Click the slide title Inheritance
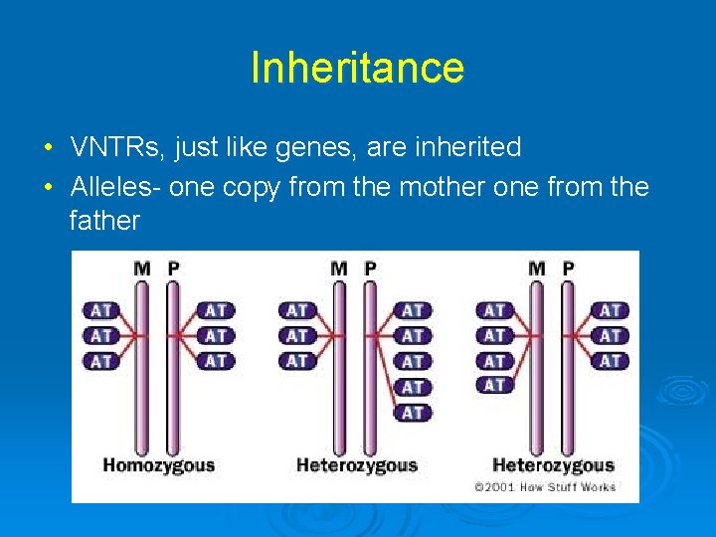pyautogui.click(x=357, y=69)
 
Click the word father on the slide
pyautogui.click(x=104, y=220)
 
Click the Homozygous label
pyautogui.click(x=159, y=464)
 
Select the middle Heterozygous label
pyautogui.click(x=357, y=464)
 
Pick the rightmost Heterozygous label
pyautogui.click(x=553, y=464)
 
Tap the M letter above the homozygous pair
pyautogui.click(x=142, y=268)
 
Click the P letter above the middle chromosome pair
pyautogui.click(x=371, y=268)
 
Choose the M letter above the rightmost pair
pyautogui.click(x=538, y=268)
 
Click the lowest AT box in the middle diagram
pyautogui.click(x=413, y=412)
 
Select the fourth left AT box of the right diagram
pyautogui.click(x=495, y=385)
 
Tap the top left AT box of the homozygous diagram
pyautogui.click(x=101, y=310)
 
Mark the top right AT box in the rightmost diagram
pyautogui.click(x=611, y=310)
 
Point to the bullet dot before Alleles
pyautogui.click(x=48, y=188)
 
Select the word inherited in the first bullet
pyautogui.click(x=471, y=148)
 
